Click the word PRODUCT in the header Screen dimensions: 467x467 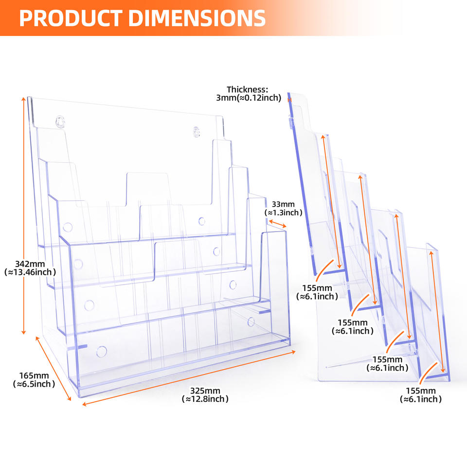(71, 18)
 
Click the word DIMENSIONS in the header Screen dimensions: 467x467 (197, 18)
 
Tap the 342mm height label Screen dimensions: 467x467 (30, 268)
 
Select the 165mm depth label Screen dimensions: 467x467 (34, 380)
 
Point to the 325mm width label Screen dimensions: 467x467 (205, 395)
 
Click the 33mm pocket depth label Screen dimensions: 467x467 (283, 208)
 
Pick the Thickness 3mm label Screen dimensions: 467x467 (249, 93)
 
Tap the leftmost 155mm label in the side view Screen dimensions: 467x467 (317, 292)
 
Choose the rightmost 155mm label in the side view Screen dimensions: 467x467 (420, 395)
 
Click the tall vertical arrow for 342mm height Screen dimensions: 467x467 (23, 216)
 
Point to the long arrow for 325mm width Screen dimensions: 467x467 (189, 378)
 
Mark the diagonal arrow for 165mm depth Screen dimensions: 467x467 (54, 368)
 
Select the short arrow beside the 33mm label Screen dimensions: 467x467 (277, 224)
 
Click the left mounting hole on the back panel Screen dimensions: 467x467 (60, 122)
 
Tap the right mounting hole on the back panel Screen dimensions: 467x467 (196, 131)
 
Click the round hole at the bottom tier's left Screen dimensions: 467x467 (102, 351)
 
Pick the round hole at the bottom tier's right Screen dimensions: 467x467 (251, 322)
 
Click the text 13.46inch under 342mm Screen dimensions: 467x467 (30, 272)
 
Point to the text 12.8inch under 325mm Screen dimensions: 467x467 (205, 399)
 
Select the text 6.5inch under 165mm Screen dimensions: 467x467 (34, 384)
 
